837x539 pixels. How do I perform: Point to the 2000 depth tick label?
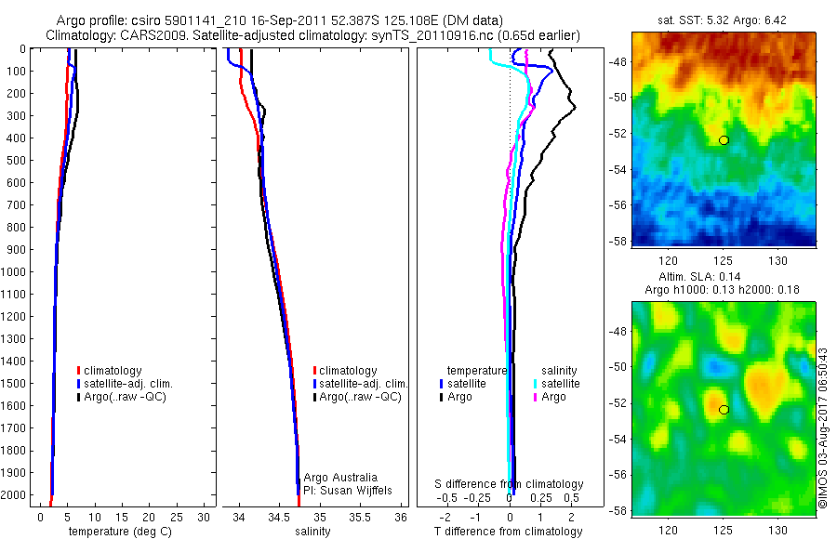point(14,496)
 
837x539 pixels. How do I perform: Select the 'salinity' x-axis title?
point(312,532)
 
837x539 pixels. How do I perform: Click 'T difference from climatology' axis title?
point(509,532)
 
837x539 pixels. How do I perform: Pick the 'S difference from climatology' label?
point(509,484)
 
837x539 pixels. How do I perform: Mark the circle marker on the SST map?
point(724,139)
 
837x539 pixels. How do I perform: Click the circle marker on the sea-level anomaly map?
point(724,410)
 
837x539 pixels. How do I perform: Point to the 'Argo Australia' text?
point(341,477)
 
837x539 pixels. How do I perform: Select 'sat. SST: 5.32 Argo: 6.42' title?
point(724,20)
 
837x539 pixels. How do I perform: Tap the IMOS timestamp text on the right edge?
point(822,427)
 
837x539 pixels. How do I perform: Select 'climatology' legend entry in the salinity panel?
point(347,371)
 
